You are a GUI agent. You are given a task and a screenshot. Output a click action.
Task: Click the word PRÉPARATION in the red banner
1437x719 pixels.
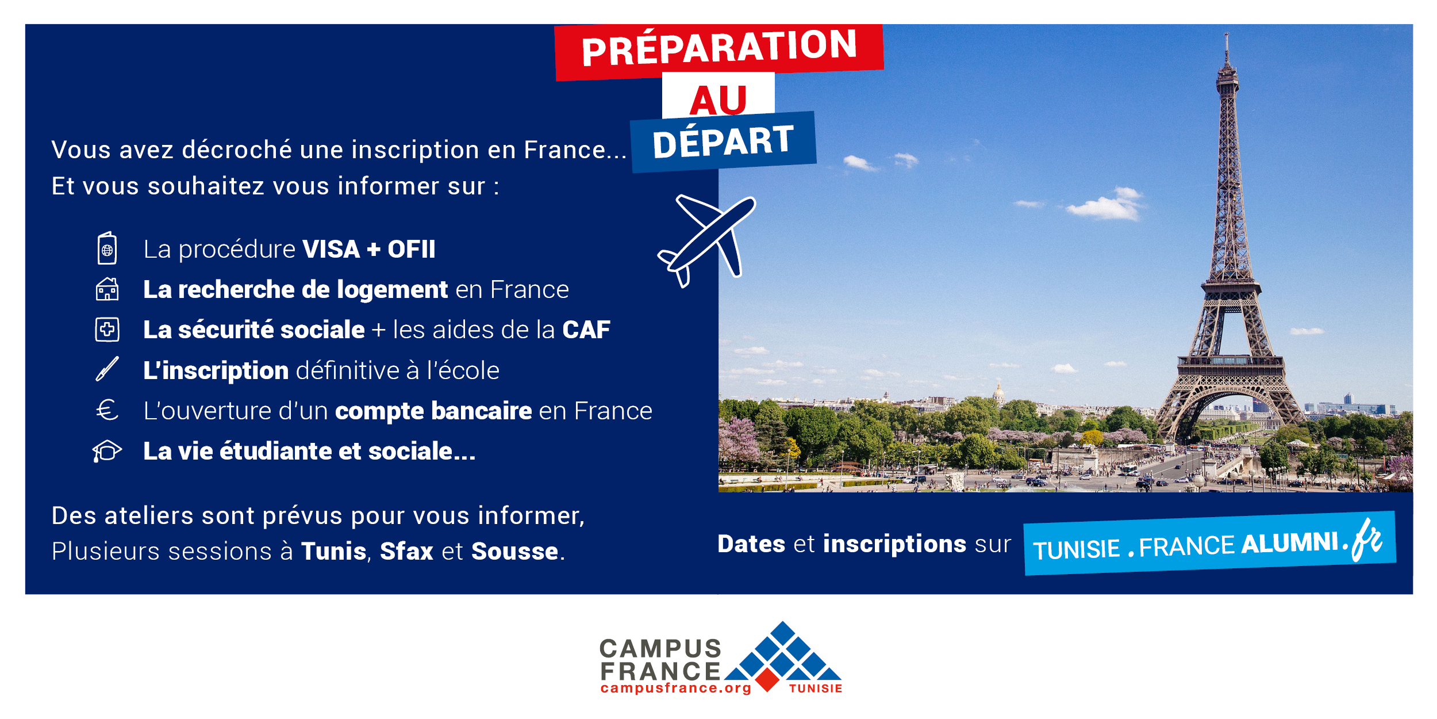point(719,48)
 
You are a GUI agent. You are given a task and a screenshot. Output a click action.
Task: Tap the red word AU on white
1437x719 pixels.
point(718,100)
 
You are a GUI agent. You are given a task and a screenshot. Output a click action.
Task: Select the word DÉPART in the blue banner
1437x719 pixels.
point(723,141)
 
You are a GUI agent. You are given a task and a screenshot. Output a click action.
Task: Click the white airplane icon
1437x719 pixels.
point(707,240)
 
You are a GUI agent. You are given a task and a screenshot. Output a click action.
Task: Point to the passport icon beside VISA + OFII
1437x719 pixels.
point(107,248)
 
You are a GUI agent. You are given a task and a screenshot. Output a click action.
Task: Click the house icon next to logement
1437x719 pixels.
point(107,289)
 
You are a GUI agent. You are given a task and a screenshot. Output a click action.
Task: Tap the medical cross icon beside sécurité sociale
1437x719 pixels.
point(107,330)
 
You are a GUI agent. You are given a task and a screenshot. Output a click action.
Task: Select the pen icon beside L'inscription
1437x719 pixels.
point(107,369)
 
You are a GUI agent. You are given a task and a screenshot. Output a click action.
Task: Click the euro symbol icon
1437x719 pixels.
point(107,410)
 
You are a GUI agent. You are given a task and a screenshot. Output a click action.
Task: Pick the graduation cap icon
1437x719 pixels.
point(107,452)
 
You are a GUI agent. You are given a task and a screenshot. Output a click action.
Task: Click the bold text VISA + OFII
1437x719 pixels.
point(368,249)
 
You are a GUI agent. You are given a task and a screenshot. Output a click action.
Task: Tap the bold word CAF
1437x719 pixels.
point(586,330)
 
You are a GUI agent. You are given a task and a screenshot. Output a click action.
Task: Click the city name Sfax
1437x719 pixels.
point(406,551)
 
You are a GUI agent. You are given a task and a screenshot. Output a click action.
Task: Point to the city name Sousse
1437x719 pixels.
point(514,551)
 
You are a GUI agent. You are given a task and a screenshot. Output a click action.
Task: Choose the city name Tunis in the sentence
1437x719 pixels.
point(333,551)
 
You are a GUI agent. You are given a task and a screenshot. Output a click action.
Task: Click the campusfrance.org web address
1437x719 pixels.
point(675,689)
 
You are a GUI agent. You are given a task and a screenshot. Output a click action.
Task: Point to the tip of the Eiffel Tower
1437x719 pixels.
point(1227,33)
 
